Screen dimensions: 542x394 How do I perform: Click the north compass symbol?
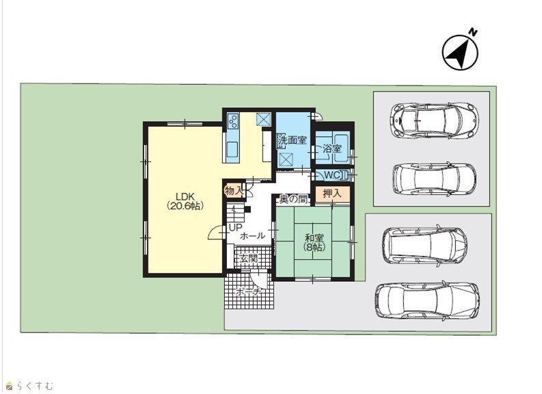461,52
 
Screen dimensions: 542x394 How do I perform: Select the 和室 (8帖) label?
314,242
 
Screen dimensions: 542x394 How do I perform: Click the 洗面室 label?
292,140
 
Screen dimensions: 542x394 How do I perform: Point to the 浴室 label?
332,149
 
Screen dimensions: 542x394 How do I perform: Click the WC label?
332,175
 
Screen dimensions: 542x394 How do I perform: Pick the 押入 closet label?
332,194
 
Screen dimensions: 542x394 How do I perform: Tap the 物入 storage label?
234,191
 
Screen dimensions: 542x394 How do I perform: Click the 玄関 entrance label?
249,259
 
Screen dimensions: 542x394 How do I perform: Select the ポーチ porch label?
248,292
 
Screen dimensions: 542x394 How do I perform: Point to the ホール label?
252,236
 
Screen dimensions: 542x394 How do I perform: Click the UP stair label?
235,228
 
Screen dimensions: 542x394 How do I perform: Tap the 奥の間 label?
293,199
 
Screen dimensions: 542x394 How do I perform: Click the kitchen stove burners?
232,121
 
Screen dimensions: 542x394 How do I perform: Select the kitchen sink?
232,150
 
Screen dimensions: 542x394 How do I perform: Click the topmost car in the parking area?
435,120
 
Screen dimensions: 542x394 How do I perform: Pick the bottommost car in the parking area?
427,301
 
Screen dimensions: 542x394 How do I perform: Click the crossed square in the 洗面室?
286,160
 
